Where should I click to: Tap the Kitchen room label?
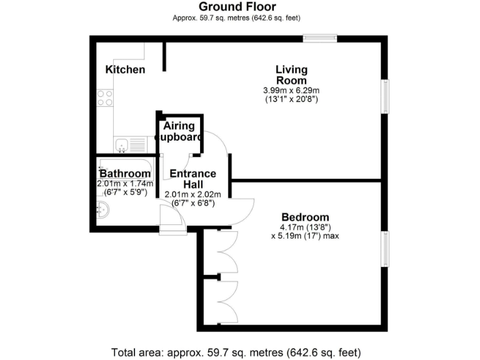pyautogui.click(x=125, y=69)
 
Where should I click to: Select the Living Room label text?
pyautogui.click(x=291, y=75)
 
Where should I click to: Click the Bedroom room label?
pyautogui.click(x=305, y=217)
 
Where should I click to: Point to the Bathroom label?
pyautogui.click(x=125, y=174)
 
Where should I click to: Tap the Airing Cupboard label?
pyautogui.click(x=179, y=132)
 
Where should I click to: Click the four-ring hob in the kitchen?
pyautogui.click(x=105, y=97)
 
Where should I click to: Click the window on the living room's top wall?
pyautogui.click(x=321, y=39)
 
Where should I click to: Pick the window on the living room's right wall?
pyautogui.click(x=385, y=96)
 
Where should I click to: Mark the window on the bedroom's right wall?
pyautogui.click(x=385, y=249)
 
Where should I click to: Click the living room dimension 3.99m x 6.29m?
pyautogui.click(x=291, y=91)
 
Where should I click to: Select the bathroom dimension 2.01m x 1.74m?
pyautogui.click(x=125, y=184)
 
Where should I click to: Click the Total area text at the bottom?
pyautogui.click(x=236, y=351)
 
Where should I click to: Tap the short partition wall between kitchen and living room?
pyautogui.click(x=164, y=57)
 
